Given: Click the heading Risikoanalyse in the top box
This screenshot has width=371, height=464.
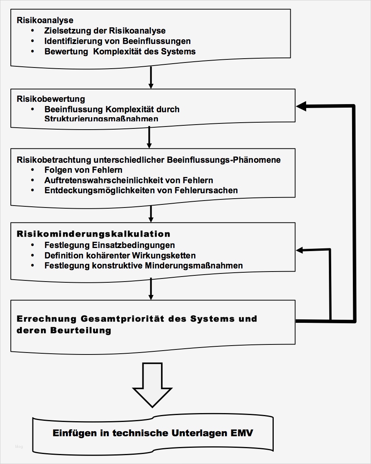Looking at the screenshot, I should pyautogui.click(x=45, y=20).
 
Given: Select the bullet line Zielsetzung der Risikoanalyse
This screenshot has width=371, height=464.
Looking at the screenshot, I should pyautogui.click(x=105, y=30).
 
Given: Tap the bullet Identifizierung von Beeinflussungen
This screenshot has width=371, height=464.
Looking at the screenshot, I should pyautogui.click(x=117, y=41).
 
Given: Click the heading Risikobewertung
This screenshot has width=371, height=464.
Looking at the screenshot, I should pyautogui.click(x=51, y=99).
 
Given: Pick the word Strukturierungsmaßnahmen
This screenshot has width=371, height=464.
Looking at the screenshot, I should pyautogui.click(x=101, y=118).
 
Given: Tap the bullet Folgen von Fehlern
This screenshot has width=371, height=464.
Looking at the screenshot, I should pyautogui.click(x=83, y=170).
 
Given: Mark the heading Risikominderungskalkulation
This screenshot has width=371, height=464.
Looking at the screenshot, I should pyautogui.click(x=93, y=234).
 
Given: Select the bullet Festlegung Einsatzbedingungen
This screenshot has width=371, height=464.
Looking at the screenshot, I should pyautogui.click(x=110, y=245).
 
